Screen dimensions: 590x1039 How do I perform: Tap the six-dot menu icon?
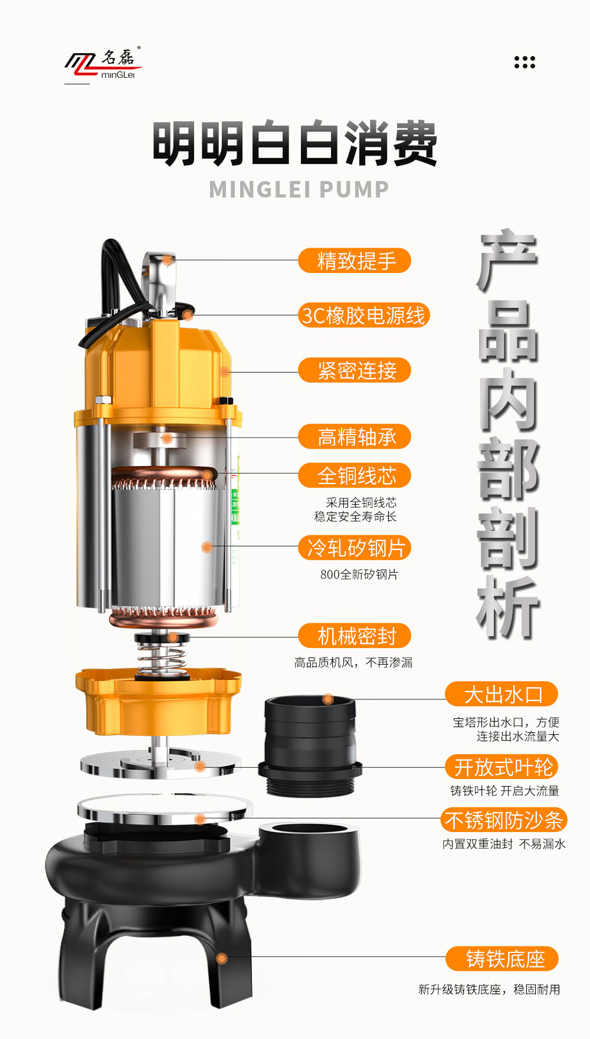click(x=525, y=62)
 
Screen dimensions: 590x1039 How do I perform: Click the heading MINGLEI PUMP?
click(x=299, y=189)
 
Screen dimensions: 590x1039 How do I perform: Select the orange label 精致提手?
click(x=355, y=260)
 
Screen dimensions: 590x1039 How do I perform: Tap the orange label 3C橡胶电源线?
click(x=363, y=315)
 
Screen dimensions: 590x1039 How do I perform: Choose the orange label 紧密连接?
click(x=355, y=370)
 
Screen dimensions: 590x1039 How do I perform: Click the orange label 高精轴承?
click(x=355, y=437)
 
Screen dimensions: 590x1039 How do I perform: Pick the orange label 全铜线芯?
click(x=355, y=475)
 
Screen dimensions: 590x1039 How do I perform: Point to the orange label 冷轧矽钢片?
click(x=355, y=548)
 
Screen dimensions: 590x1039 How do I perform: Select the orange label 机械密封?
click(x=355, y=636)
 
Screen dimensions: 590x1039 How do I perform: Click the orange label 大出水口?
click(x=501, y=694)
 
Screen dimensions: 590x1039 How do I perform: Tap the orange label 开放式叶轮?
click(x=501, y=767)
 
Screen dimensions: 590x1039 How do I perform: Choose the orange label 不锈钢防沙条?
click(x=503, y=820)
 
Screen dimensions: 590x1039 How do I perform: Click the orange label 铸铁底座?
click(x=501, y=959)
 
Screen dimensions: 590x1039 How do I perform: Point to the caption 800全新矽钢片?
click(x=359, y=574)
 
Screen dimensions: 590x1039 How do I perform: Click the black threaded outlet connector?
click(x=310, y=746)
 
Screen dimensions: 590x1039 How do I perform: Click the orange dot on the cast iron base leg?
click(x=222, y=959)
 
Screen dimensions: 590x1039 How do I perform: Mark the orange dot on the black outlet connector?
click(x=328, y=699)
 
